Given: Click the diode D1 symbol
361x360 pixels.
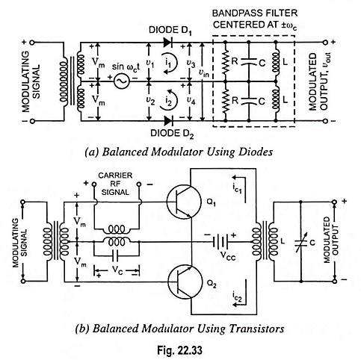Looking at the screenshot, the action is [168, 43].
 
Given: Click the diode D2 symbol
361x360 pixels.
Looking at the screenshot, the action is [168, 121].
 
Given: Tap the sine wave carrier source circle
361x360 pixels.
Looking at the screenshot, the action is [122, 81].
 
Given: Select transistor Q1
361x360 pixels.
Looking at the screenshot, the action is [184, 202].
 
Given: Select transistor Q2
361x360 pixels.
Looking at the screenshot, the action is [185, 282].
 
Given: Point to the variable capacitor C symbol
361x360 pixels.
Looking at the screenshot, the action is [301, 242].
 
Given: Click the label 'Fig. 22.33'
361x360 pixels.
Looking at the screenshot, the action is [179, 350].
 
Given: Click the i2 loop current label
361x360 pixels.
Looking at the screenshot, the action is [169, 100].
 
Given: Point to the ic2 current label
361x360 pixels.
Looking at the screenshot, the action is [237, 296].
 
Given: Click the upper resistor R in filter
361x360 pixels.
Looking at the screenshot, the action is [225, 62].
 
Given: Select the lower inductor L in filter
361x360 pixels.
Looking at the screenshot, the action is [276, 99].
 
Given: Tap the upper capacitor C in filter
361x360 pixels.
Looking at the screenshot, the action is [248, 61].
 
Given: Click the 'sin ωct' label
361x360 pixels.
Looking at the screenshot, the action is [126, 67].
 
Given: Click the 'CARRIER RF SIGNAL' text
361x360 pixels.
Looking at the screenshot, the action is [115, 184].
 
